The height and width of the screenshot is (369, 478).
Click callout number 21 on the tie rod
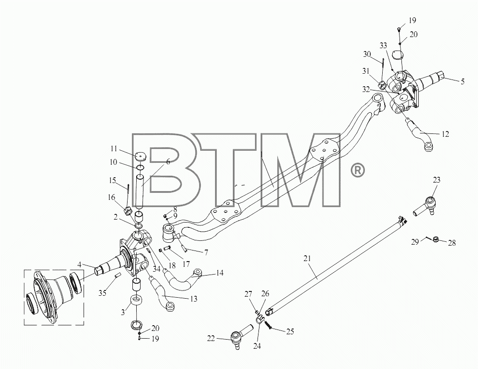pos(307,259)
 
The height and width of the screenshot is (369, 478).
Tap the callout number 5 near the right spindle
pos(463,81)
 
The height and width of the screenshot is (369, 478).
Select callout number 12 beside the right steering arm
pos(445,134)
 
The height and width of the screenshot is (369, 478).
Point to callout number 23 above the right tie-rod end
pos(437,180)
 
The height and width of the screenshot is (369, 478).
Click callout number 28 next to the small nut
pos(452,243)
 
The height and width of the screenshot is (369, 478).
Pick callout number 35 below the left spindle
pos(103,293)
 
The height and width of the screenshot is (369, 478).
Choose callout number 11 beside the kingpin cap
pos(114,148)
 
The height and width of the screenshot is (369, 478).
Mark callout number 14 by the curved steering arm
pos(220,273)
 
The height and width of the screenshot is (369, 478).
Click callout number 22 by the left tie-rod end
pos(211,339)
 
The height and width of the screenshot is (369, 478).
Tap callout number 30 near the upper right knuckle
pos(367,54)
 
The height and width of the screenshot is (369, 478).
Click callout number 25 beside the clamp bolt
pos(290,331)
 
